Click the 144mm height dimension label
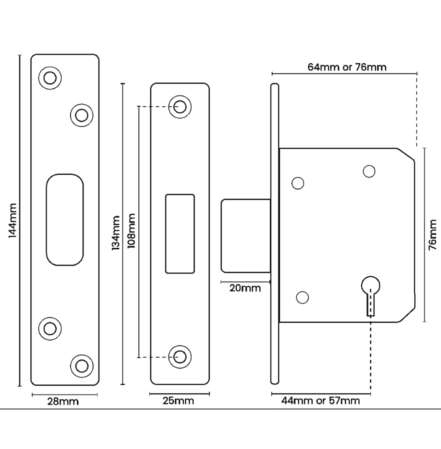click(x=12, y=221)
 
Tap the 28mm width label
click(x=63, y=402)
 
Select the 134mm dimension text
click(x=116, y=233)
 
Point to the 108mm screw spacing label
click(x=131, y=231)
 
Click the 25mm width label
click(x=179, y=401)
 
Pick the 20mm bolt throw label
click(x=245, y=288)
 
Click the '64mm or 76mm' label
click(x=347, y=67)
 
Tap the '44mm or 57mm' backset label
click(x=321, y=401)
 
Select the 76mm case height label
click(x=433, y=235)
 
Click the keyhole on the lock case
click(x=370, y=292)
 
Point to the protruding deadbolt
click(x=246, y=236)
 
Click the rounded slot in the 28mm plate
click(x=65, y=220)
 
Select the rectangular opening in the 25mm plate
click(x=180, y=234)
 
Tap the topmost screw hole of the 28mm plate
click(x=50, y=78)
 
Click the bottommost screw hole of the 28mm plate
click(x=82, y=366)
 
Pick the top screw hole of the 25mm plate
click(x=180, y=107)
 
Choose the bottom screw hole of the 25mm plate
click(x=180, y=357)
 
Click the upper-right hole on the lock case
click(x=369, y=171)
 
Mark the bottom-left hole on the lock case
click(x=302, y=297)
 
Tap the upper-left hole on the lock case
click(x=298, y=183)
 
